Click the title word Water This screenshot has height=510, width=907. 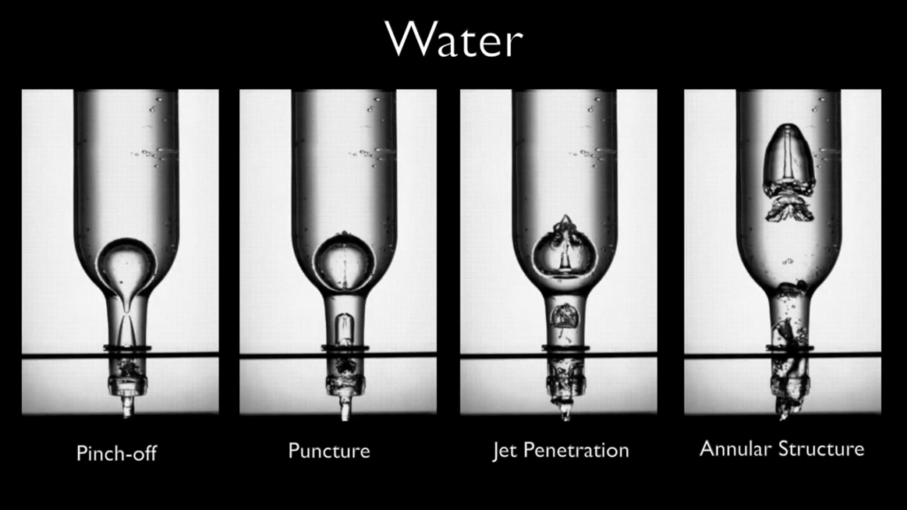tap(453, 41)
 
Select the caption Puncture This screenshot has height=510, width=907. tap(329, 451)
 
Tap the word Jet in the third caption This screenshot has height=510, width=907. tap(505, 451)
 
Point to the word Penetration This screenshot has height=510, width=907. tap(576, 451)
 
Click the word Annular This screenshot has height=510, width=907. tap(735, 448)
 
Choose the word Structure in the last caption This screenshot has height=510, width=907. tap(819, 448)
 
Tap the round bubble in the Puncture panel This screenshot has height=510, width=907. tap(341, 262)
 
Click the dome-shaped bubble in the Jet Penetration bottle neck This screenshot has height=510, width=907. tap(564, 314)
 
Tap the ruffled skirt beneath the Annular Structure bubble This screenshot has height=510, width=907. tap(789, 209)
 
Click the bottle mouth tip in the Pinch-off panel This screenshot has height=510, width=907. tap(127, 408)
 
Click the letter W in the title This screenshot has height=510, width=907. tap(407, 41)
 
